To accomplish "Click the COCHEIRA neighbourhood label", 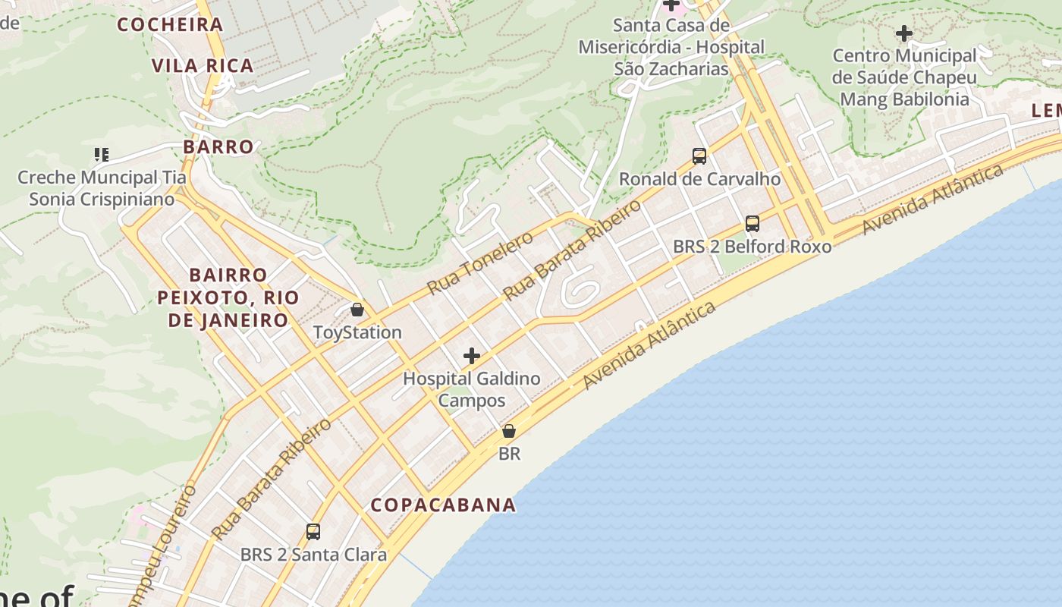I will coord(170,24).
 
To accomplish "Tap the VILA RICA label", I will coord(203,66).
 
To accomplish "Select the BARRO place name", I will coord(218,146).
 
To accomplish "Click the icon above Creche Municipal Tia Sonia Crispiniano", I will coord(102,155).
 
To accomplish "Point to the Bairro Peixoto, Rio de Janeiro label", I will coord(228,297).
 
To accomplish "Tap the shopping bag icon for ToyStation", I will coord(357,310).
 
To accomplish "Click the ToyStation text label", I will coord(357,332).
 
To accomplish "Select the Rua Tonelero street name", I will coord(480,263).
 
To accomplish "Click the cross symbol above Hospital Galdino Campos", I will coord(472,355).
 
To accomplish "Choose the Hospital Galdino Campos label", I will coord(472,389).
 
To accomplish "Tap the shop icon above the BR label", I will coord(509,431).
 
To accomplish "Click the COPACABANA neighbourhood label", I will coord(444,505).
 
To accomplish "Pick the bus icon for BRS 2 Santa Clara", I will coord(313,532).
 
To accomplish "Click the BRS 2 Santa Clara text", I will coord(313,555).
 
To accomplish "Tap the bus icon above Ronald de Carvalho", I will coord(699,156).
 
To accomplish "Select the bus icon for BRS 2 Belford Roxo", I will coord(753,224).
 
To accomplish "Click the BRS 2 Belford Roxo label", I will coord(753,247).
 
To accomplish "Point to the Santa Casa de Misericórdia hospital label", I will coord(671,47).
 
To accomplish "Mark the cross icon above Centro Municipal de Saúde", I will coord(903,33).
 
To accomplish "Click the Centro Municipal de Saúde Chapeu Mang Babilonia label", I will coord(904,77).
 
